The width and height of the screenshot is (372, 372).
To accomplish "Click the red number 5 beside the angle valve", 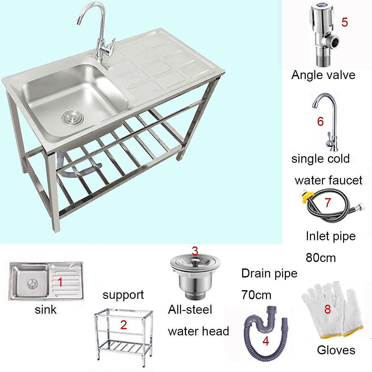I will [x=344, y=22].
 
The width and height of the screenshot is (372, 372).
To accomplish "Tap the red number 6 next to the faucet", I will [x=320, y=122].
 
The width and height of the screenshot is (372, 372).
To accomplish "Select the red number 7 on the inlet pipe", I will [x=328, y=202].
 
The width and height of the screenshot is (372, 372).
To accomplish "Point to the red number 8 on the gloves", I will [x=327, y=309].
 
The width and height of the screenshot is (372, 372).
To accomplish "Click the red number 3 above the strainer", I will [x=195, y=251].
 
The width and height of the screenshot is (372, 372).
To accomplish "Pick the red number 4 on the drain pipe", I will [x=265, y=341].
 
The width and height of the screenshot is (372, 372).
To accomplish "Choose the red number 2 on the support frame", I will [x=123, y=325].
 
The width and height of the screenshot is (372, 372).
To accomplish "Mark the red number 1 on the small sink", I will [x=60, y=282].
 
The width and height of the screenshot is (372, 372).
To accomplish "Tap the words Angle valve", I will [x=323, y=75].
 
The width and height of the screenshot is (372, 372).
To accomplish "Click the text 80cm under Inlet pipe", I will [x=321, y=258].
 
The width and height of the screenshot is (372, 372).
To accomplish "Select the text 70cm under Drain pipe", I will [x=256, y=295].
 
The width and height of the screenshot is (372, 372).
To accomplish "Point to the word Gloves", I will [x=336, y=350].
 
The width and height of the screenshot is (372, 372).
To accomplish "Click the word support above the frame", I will [x=123, y=295].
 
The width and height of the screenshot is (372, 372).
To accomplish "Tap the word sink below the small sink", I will [x=46, y=309].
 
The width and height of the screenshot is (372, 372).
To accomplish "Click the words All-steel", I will [x=190, y=309].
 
